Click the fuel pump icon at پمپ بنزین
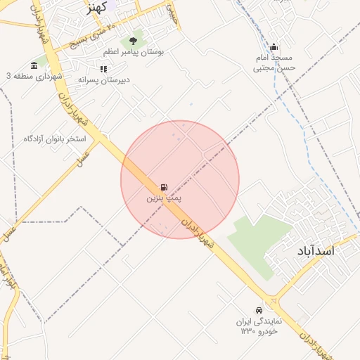click(x=164, y=187)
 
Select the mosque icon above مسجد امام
click(x=274, y=47)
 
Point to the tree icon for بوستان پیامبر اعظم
click(x=133, y=41)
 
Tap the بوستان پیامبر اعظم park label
click(x=133, y=52)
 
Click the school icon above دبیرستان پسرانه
click(x=103, y=69)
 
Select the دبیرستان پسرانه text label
click(x=103, y=80)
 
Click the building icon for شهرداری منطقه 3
click(x=34, y=65)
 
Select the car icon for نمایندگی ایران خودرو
click(x=259, y=310)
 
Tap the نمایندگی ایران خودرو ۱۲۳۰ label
click(x=259, y=325)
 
